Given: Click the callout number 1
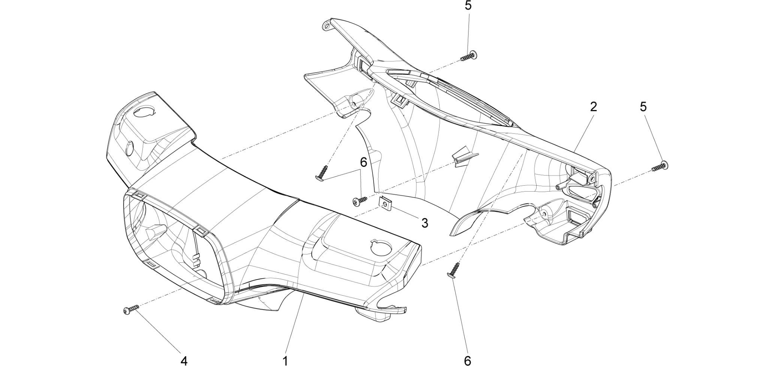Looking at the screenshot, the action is [286, 360].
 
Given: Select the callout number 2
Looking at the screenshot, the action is [593, 107].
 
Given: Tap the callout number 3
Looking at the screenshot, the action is [424, 223].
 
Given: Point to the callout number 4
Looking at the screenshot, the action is [184, 360].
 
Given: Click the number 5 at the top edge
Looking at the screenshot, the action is [468, 6].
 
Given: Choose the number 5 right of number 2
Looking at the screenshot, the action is [643, 107].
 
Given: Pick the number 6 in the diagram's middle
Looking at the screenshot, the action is [363, 162].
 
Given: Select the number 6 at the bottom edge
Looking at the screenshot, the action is [467, 360].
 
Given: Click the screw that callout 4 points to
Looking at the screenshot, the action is [131, 309].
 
